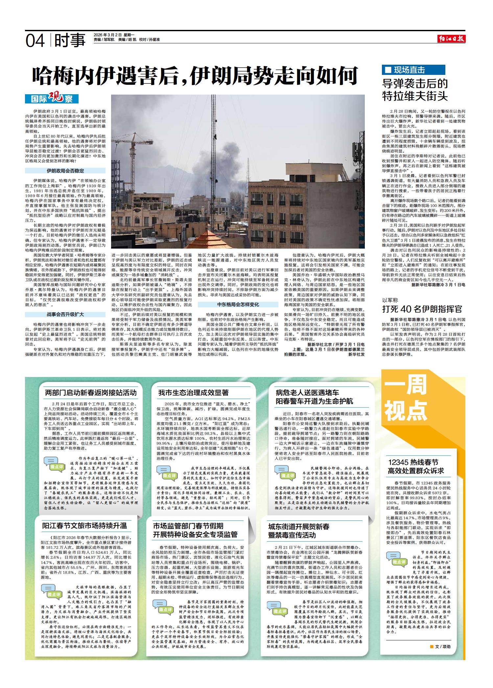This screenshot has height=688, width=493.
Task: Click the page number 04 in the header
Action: (x=35, y=41)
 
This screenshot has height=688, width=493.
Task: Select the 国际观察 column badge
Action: (x=52, y=98)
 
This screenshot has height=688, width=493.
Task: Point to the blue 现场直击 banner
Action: (x=413, y=70)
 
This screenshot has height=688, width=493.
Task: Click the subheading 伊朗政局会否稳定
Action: (x=65, y=171)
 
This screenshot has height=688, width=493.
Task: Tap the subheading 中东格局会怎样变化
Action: (x=238, y=304)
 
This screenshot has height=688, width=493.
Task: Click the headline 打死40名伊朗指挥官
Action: (x=422, y=309)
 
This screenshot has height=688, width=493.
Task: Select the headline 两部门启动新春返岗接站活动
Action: (x=91, y=392)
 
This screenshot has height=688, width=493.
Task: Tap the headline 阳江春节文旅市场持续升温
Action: (x=84, y=525)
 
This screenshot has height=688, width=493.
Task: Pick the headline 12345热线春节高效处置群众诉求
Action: (x=416, y=466)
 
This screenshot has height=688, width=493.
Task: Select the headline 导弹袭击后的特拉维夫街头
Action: (x=415, y=90)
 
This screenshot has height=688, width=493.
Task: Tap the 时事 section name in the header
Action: (x=70, y=41)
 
